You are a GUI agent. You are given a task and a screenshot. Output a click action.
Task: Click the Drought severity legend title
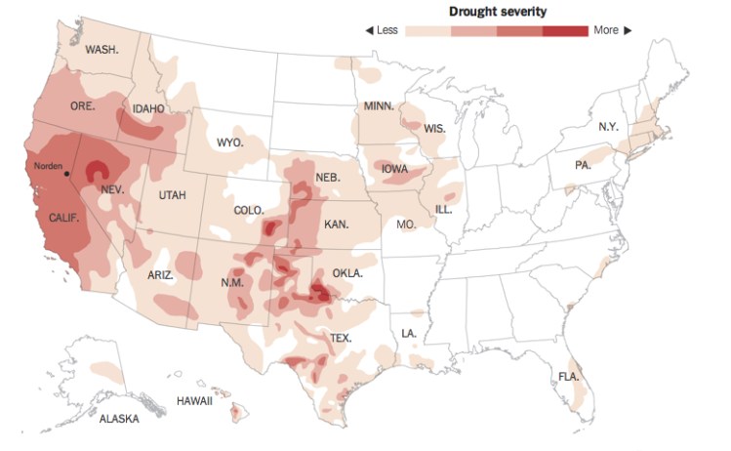tap(498, 11)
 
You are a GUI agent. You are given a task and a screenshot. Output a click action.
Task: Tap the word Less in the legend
tap(386, 30)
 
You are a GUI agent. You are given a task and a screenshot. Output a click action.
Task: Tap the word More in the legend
tap(606, 30)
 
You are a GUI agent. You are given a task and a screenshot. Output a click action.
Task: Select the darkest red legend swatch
tap(566, 30)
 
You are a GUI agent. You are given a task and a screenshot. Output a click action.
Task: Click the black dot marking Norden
tap(66, 175)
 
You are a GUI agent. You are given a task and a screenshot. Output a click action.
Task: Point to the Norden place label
tap(48, 166)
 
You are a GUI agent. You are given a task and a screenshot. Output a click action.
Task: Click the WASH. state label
tap(102, 50)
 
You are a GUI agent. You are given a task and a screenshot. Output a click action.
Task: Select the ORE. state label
tap(83, 105)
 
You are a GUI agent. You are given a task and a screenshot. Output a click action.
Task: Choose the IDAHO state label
tap(149, 108)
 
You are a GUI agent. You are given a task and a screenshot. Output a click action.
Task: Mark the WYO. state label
tap(229, 143)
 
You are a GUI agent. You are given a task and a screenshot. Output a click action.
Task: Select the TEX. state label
tap(341, 338)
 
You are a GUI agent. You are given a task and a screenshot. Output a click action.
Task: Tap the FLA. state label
tap(569, 376)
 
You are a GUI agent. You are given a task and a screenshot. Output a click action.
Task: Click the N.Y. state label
tap(608, 128)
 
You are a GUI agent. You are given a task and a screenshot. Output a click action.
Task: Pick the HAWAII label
tap(195, 400)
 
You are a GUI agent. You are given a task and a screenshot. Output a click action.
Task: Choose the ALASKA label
tap(119, 419)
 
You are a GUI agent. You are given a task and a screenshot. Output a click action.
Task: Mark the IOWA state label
tap(395, 168)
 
